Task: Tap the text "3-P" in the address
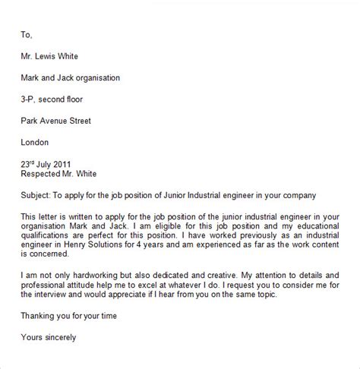point(29,99)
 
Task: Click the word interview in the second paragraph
point(58,301)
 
